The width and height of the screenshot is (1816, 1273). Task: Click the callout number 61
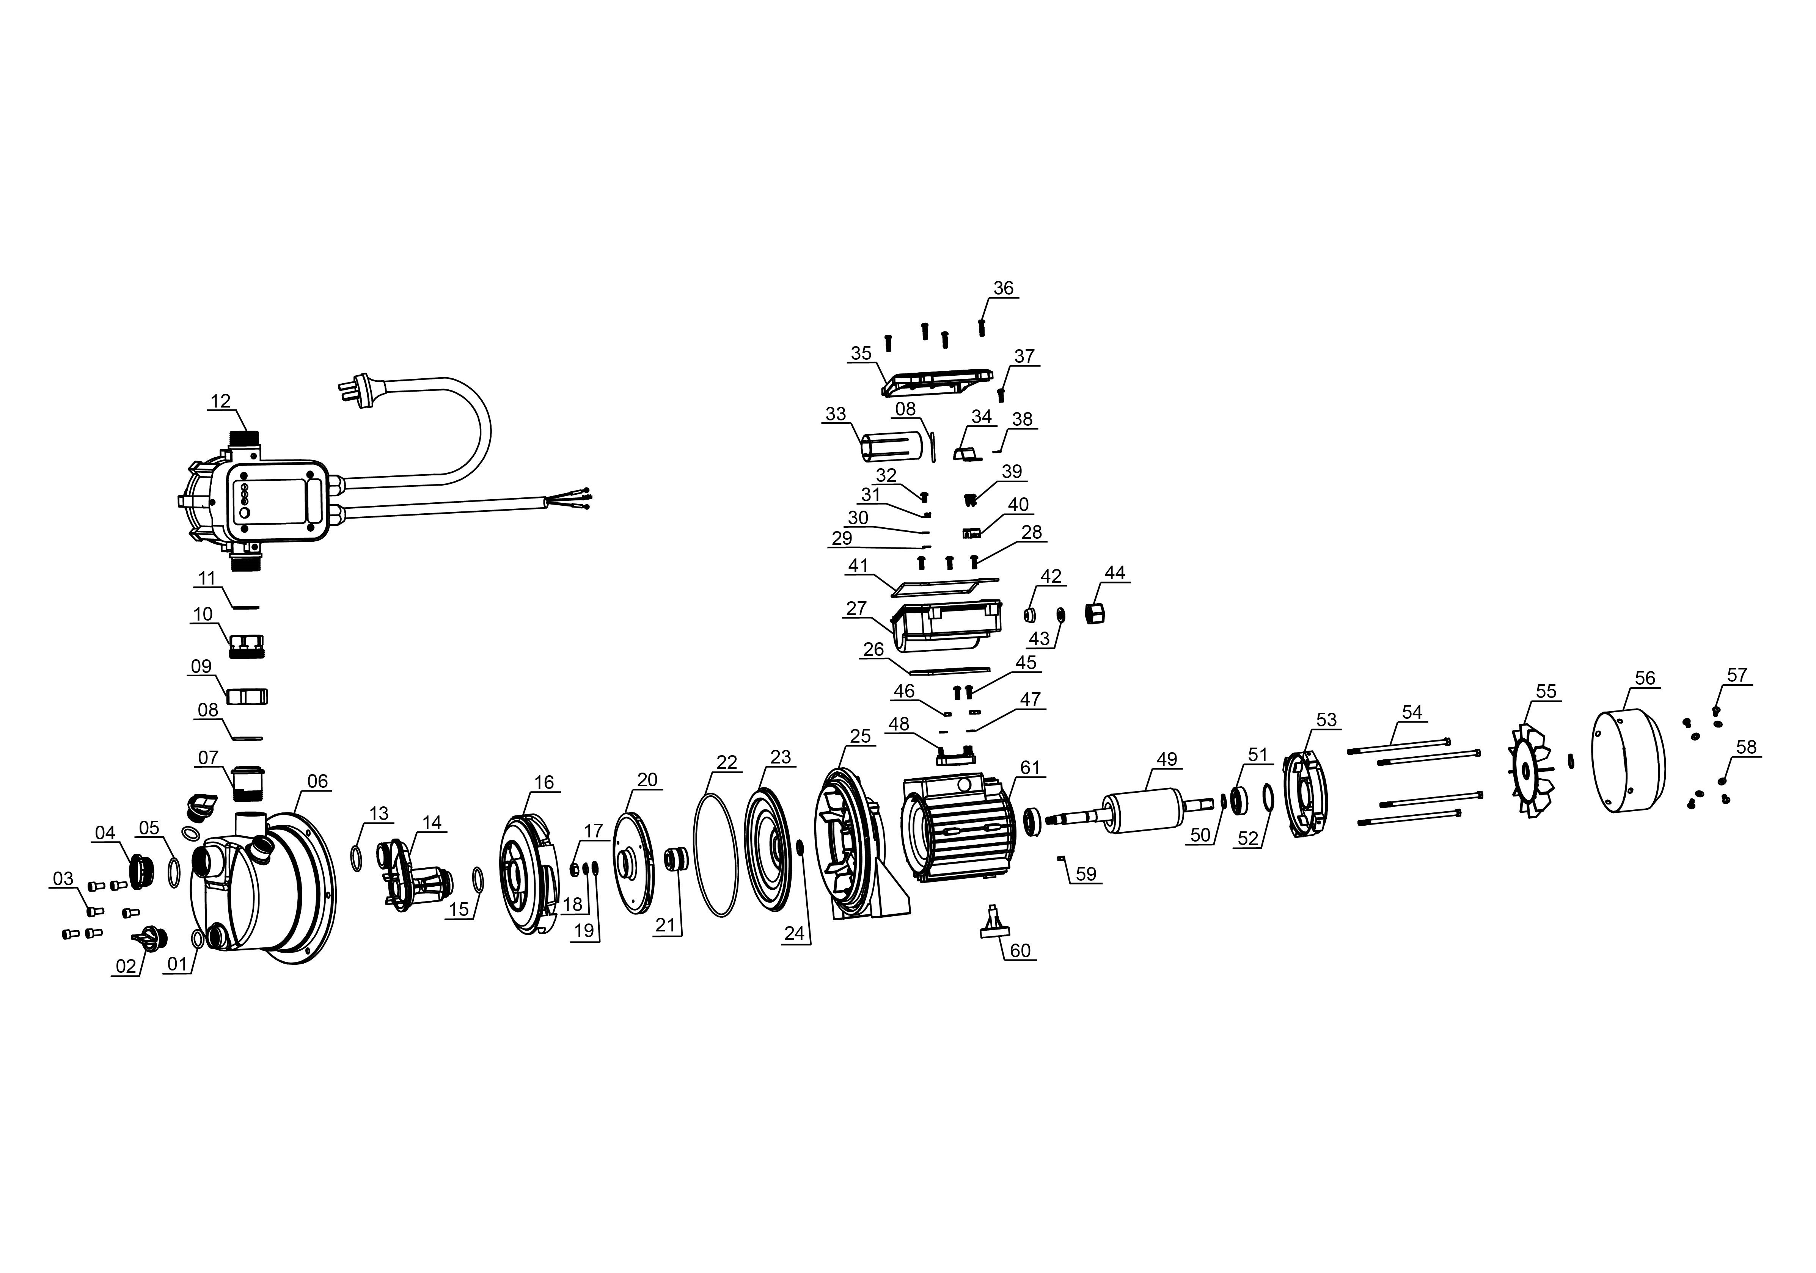[1030, 768]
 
